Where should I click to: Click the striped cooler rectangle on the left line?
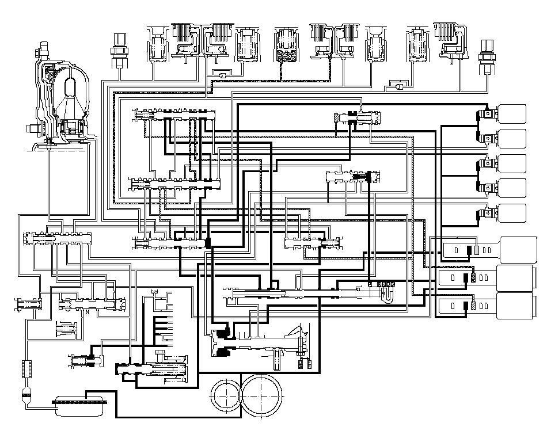point(26,368)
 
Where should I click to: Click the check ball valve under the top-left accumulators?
point(220,74)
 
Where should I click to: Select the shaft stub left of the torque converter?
point(39,128)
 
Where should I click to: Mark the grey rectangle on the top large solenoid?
point(477,250)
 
